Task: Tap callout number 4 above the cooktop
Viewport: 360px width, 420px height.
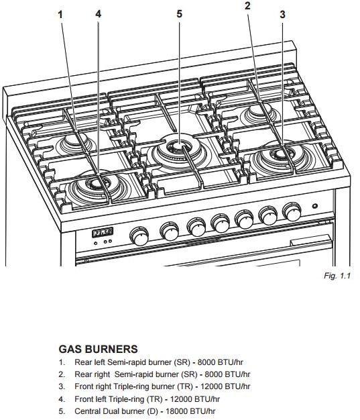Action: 99,14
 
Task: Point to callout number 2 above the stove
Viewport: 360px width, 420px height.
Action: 247,6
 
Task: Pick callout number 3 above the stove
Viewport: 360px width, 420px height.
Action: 282,14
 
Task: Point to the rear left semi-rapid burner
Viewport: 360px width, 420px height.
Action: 69,142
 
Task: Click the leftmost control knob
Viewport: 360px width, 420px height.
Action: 139,235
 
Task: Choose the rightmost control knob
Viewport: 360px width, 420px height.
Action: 291,211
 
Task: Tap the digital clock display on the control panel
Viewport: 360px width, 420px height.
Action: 103,232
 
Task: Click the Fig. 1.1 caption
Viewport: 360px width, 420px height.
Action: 338,275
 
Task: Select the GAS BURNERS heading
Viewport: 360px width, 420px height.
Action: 99,350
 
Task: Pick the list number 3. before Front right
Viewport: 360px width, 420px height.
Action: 62,386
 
